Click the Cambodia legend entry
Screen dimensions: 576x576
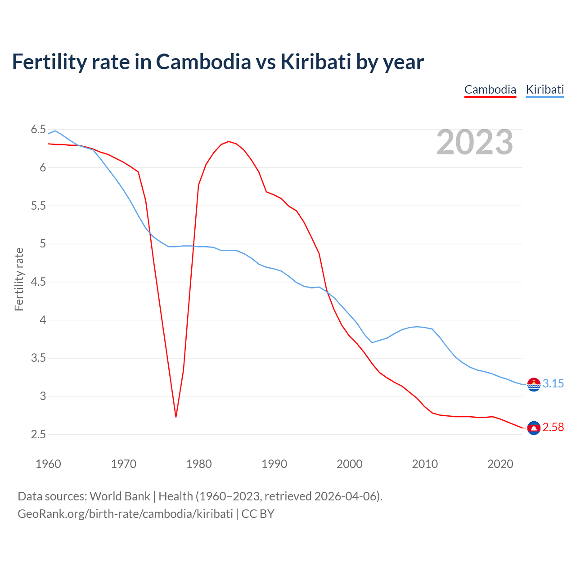pos(490,90)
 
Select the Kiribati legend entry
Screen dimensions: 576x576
pos(545,90)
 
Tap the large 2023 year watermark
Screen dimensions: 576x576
pos(475,142)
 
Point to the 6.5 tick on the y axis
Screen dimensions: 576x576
pos(38,130)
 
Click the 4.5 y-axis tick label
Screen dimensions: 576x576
pos(38,282)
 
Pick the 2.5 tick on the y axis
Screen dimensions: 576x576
pos(38,435)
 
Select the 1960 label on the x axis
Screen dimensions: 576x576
pos(48,464)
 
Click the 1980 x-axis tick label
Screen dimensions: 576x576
pos(199,464)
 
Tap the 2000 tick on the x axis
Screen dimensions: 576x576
pos(350,464)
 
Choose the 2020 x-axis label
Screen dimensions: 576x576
pos(500,464)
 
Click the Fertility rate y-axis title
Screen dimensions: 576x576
pos(19,279)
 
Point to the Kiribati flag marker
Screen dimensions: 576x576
pos(534,384)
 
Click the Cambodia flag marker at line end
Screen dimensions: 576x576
pos(534,427)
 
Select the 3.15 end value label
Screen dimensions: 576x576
pos(553,384)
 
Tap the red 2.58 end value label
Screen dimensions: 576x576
pos(553,427)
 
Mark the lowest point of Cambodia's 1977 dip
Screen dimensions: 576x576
pos(176,417)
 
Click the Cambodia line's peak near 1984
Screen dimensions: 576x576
pos(229,141)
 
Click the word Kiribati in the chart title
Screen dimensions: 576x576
pos(315,62)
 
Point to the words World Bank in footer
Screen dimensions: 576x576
pos(120,496)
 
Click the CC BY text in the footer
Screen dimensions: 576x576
pos(258,514)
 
